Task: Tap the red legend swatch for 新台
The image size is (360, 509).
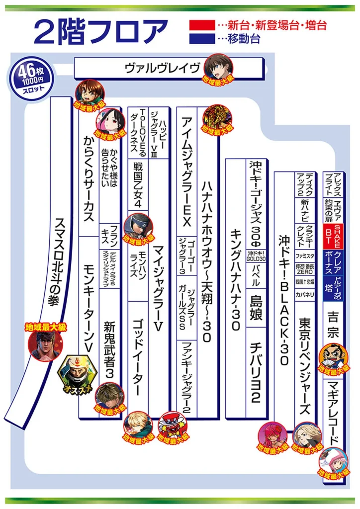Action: tap(202, 24)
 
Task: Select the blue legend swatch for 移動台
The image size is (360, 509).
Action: tap(202, 38)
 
